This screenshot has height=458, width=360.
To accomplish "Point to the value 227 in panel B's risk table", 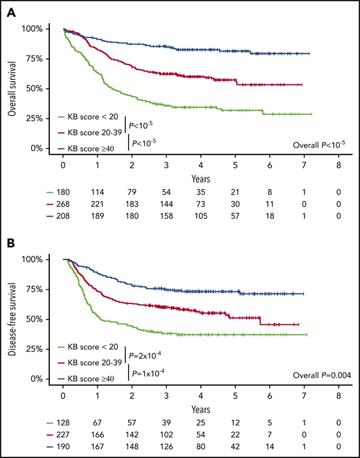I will tap(63, 436).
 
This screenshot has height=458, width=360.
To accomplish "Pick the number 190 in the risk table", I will tap(63, 448).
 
